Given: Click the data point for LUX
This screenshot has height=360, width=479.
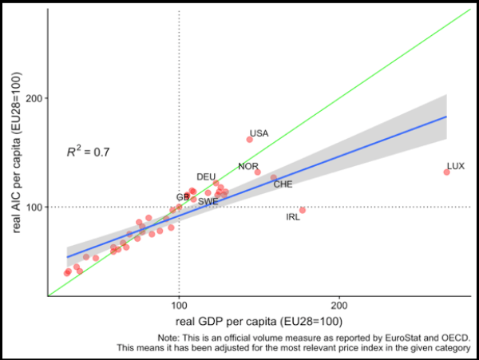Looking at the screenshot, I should pyautogui.click(x=446, y=172).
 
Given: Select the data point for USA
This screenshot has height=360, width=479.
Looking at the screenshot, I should pyautogui.click(x=250, y=139).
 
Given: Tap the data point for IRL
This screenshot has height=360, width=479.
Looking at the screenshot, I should pyautogui.click(x=303, y=210).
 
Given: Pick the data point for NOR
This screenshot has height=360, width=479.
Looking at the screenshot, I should pyautogui.click(x=257, y=172).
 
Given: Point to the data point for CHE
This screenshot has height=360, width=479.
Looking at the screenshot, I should pyautogui.click(x=274, y=178).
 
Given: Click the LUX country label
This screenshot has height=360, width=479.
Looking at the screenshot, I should pyautogui.click(x=456, y=166).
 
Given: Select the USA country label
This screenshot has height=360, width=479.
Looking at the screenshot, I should pyautogui.click(x=259, y=133).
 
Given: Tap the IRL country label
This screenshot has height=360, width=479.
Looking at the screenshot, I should pyautogui.click(x=293, y=217).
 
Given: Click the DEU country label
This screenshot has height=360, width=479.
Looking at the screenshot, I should pyautogui.click(x=206, y=176).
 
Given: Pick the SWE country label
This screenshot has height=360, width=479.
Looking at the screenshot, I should pyautogui.click(x=208, y=202).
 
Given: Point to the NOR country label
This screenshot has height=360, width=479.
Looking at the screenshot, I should pyautogui.click(x=248, y=166).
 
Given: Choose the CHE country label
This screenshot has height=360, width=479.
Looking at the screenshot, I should pyautogui.click(x=283, y=184).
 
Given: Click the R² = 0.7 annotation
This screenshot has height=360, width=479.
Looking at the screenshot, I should pyautogui.click(x=89, y=150).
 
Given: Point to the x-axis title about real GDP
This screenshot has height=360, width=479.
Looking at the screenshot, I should pyautogui.click(x=259, y=321).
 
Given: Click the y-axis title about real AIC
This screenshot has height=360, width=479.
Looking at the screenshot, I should pyautogui.click(x=14, y=152).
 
